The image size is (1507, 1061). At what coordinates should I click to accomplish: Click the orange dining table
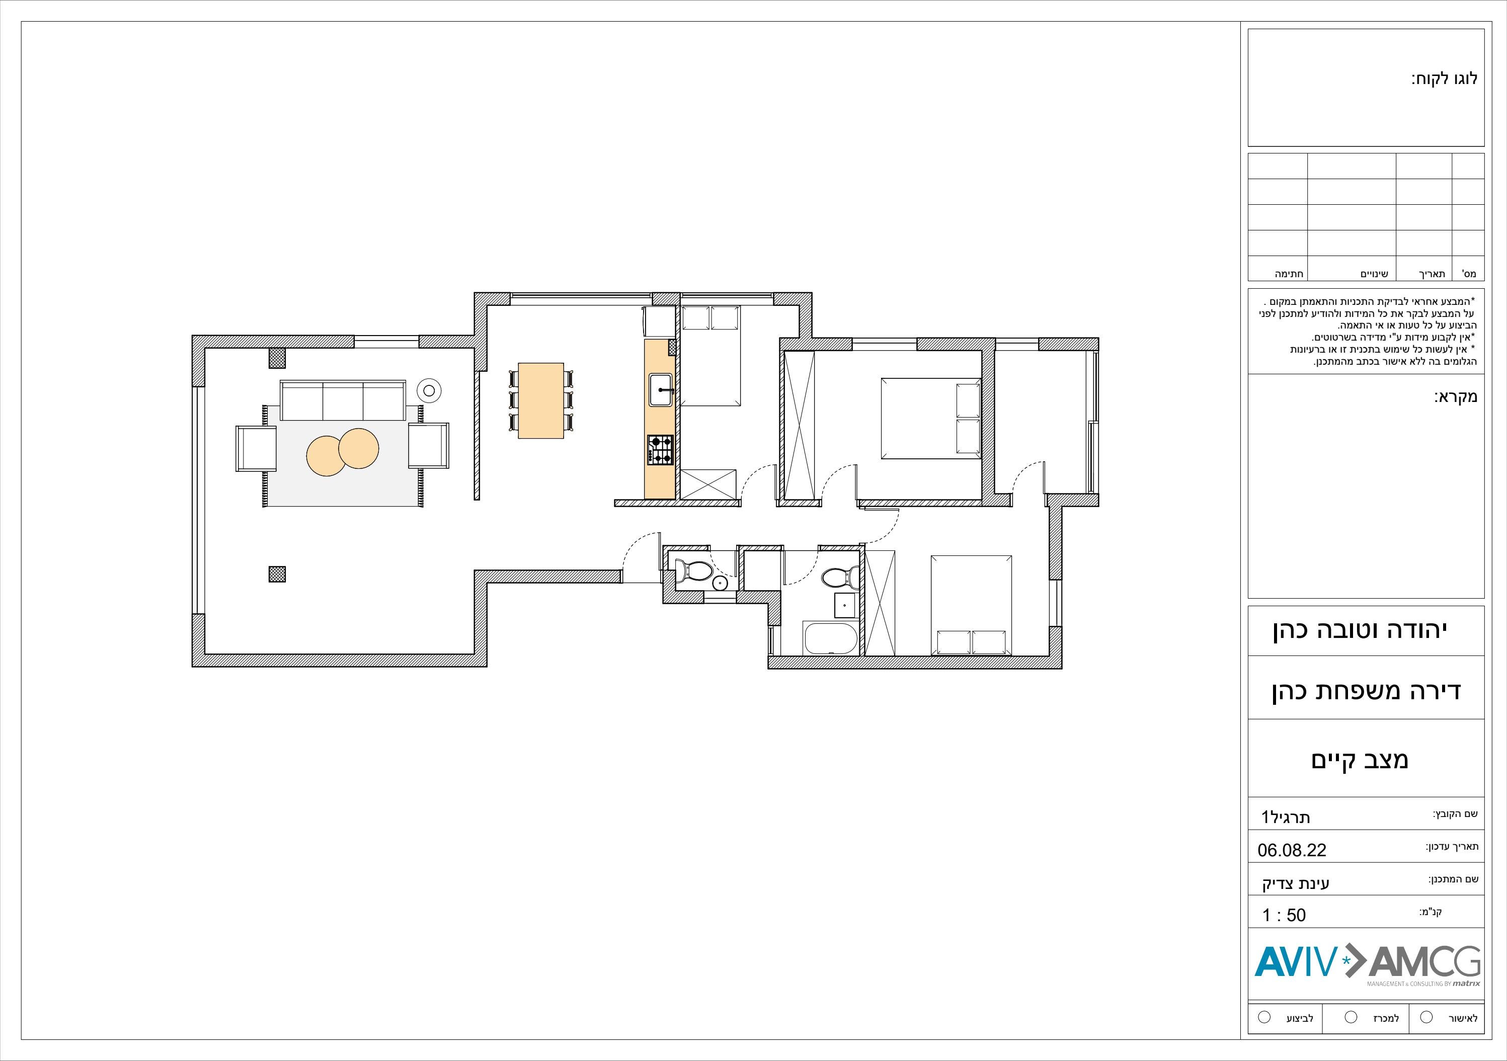click(x=541, y=400)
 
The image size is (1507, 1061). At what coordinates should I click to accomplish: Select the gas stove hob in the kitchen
click(x=660, y=450)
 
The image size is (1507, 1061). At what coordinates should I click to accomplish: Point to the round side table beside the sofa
click(x=429, y=390)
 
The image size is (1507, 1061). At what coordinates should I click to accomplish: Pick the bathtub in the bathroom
click(x=830, y=638)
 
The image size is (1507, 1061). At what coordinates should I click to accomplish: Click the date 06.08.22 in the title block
click(x=1292, y=850)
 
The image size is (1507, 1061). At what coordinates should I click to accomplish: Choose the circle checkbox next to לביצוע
click(x=1264, y=1018)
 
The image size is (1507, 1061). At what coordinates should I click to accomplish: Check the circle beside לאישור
click(x=1426, y=1018)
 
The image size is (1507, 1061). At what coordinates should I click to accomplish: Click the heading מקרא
click(x=1455, y=397)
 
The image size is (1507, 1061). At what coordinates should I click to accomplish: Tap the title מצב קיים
click(x=1360, y=760)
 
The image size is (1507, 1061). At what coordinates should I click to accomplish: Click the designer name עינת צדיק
click(x=1295, y=883)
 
